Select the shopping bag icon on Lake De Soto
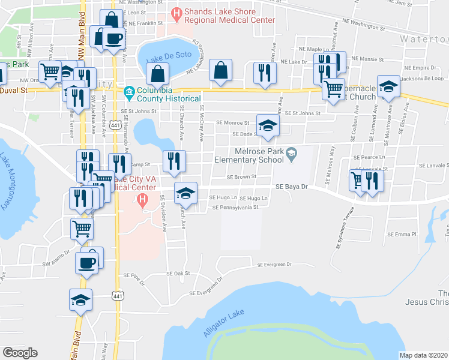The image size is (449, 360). tap(157, 75)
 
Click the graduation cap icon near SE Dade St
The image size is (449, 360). tap(268, 125)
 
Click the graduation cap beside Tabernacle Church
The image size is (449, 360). tap(388, 86)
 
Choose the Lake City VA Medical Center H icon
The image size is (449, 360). tap(142, 200)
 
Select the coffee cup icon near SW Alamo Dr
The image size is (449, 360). tap(86, 262)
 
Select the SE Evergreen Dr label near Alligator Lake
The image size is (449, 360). tap(274, 264)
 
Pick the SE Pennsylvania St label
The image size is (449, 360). tap(235, 208)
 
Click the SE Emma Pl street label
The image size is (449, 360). tap(402, 233)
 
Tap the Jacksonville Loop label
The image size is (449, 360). tap(424, 79)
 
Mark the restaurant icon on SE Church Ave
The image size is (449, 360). tap(175, 161)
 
